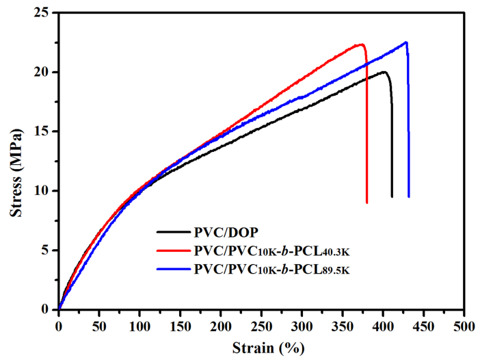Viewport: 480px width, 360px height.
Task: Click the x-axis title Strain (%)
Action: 262,347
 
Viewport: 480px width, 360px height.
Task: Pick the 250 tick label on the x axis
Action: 261,322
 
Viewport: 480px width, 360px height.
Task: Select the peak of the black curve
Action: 384,72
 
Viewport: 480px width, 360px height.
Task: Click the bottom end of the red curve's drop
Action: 367,202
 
